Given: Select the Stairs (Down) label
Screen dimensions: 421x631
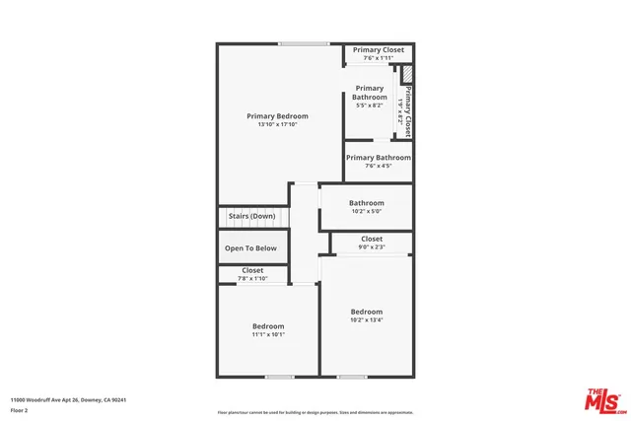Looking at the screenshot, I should pyautogui.click(x=251, y=216).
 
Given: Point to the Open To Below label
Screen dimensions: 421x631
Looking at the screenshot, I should pyautogui.click(x=251, y=248).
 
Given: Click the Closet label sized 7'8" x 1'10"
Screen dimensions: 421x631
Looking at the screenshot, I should pyautogui.click(x=252, y=270).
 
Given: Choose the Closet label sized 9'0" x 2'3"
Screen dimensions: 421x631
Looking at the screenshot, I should pyautogui.click(x=372, y=239).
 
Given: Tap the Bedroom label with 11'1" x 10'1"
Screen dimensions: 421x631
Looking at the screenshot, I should pyautogui.click(x=268, y=326).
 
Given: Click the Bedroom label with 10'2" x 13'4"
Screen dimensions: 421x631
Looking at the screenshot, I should pyautogui.click(x=367, y=312).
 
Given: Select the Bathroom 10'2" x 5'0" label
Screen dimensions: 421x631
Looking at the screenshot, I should pyautogui.click(x=366, y=203).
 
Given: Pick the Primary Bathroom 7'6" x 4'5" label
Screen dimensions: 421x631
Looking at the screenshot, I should pyautogui.click(x=379, y=158).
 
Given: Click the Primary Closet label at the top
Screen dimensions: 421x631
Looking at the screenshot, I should pyautogui.click(x=379, y=49).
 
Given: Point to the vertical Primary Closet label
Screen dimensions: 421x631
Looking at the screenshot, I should pyautogui.click(x=407, y=107).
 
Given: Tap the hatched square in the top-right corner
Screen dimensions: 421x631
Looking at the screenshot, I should pyautogui.click(x=405, y=73).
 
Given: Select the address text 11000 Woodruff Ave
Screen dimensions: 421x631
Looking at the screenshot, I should pyautogui.click(x=68, y=399).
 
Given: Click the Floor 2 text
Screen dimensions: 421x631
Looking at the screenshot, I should pyautogui.click(x=21, y=409).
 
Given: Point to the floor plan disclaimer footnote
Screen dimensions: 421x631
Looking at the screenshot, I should pyautogui.click(x=315, y=411).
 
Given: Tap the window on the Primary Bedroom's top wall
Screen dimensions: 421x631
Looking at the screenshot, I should pyautogui.click(x=304, y=43).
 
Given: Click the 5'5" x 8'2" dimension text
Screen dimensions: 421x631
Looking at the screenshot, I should pyautogui.click(x=370, y=105).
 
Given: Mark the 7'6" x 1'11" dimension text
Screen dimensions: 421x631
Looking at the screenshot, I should pyautogui.click(x=379, y=58).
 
